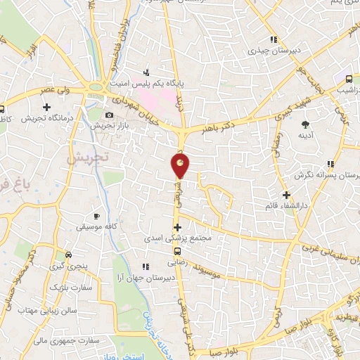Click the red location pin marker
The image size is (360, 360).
181,166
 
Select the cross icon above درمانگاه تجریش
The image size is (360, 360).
47,108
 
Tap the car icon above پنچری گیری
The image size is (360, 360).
67,255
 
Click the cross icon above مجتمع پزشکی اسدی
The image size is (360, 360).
178,227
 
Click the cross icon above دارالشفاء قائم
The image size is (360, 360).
285,195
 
